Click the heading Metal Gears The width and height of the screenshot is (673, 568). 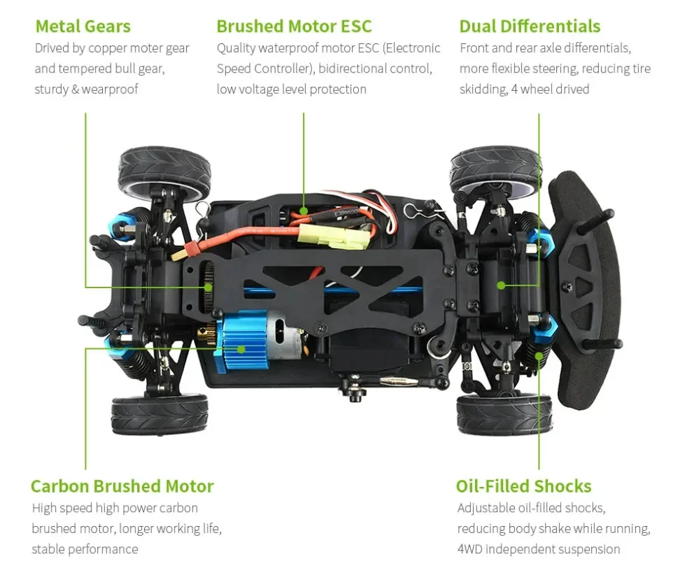coord(83,27)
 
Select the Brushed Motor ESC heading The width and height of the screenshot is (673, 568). coord(294,27)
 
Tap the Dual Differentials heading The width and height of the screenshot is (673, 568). coord(530,27)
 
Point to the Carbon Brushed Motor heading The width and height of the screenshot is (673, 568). coord(122,486)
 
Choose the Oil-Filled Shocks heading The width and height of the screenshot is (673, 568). coord(523,486)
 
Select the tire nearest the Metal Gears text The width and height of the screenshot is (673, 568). coord(165,172)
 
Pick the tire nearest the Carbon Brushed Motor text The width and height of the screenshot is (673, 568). coord(160,414)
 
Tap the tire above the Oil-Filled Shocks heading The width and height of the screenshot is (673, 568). coord(504,414)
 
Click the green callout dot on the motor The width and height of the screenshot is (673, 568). coord(241,348)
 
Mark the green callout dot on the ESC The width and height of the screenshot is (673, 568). coord(304,209)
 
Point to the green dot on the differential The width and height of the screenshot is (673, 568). coord(501,285)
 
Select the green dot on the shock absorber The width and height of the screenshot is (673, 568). coord(539,355)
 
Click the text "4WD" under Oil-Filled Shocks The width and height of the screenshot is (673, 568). coord(469,549)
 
